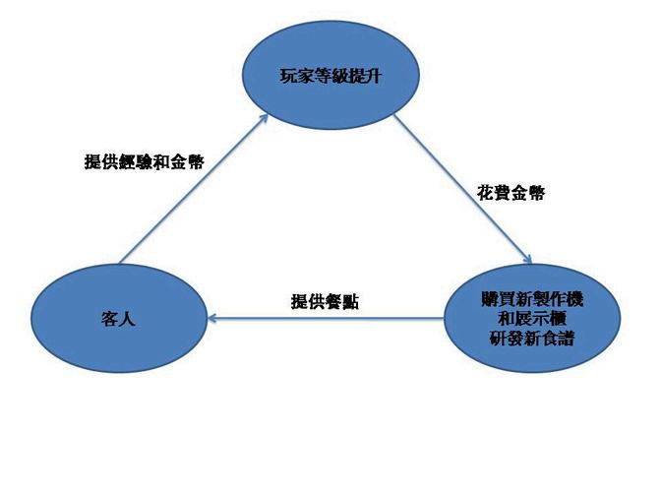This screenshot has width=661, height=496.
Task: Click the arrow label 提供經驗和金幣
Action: point(144,161)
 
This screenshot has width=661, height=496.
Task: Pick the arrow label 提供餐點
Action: point(325,301)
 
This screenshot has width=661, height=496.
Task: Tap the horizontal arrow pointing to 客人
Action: point(325,318)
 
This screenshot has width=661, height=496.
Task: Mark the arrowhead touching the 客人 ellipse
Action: point(213,318)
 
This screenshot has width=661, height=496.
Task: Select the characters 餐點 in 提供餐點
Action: point(342,301)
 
